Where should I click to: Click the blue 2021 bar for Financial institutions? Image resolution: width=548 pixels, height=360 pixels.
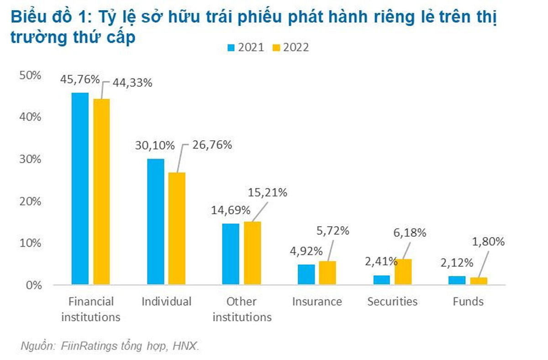(80, 188)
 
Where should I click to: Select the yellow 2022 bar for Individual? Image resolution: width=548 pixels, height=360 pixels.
(177, 228)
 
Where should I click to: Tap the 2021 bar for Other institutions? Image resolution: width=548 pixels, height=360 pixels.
(231, 254)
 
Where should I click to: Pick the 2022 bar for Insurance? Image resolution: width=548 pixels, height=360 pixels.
(327, 273)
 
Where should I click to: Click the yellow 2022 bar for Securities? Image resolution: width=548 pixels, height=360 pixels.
(403, 272)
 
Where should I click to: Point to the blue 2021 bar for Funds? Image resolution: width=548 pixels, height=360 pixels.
(457, 280)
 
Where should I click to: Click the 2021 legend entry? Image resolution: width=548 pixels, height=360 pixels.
(247, 48)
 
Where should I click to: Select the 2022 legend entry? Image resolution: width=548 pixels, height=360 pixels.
(291, 48)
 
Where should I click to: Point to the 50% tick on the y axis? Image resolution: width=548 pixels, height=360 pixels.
(31, 75)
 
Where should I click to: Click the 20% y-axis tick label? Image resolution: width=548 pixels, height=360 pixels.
(31, 201)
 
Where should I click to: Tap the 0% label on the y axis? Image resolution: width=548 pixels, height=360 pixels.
(33, 285)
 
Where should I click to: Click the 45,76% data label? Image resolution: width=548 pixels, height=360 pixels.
(79, 79)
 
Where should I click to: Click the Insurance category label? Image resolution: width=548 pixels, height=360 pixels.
(317, 302)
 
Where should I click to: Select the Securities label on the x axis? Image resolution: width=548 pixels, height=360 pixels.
(392, 302)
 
